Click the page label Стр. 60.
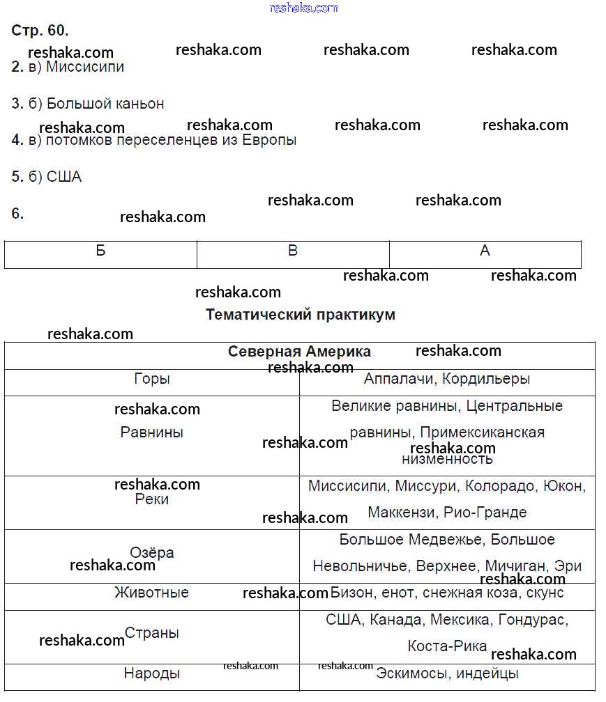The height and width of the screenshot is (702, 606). [40, 31]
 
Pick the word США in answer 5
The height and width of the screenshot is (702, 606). [64, 177]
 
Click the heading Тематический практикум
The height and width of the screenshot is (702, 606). [301, 315]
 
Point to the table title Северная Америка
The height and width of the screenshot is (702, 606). [299, 352]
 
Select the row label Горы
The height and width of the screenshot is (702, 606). [152, 380]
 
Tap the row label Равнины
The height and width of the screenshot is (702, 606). [152, 432]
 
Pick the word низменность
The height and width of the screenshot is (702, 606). [447, 459]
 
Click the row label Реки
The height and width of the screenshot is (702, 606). [152, 499]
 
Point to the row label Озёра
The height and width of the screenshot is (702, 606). [152, 552]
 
